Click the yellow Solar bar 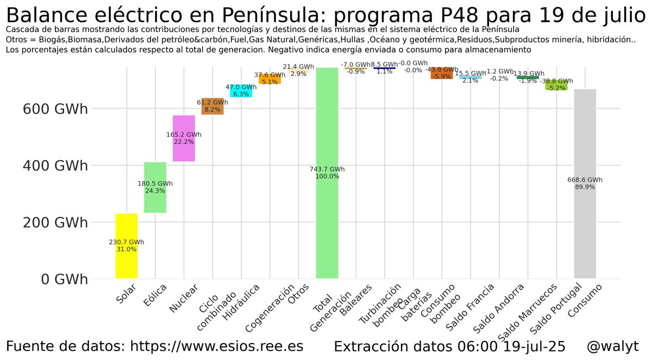(x=126, y=246)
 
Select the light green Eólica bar (x=155, y=187)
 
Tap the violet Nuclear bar (x=184, y=138)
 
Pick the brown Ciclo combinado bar (x=212, y=106)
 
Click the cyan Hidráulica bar (x=241, y=91)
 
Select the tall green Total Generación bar (x=327, y=174)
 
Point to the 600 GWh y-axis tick (x=55, y=109)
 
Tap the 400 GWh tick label (x=55, y=166)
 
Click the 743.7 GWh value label (x=327, y=169)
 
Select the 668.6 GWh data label (x=585, y=180)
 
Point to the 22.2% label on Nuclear (x=184, y=142)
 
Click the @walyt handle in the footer (x=612, y=346)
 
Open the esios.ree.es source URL (x=217, y=346)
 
